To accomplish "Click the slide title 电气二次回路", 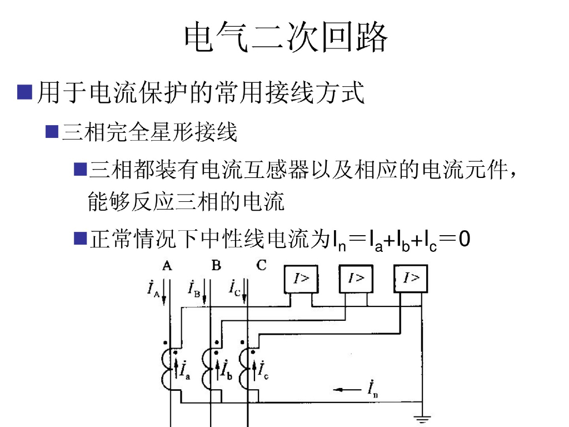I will [x=284, y=38].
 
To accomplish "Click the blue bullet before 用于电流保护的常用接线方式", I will [x=24, y=92].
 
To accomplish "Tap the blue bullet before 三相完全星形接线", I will [x=52, y=132].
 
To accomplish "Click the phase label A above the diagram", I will [x=167, y=266].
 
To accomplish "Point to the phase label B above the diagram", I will [x=216, y=266].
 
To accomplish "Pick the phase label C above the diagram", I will [x=262, y=266].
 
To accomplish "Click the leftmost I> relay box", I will [x=301, y=279].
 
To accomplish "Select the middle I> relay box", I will [x=356, y=279].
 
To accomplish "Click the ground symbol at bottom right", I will [x=423, y=419].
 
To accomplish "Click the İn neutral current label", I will [x=372, y=389].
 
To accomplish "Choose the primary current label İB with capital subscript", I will [x=194, y=289].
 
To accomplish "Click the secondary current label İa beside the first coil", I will [x=184, y=369].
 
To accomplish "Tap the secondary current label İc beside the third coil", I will [x=262, y=369].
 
